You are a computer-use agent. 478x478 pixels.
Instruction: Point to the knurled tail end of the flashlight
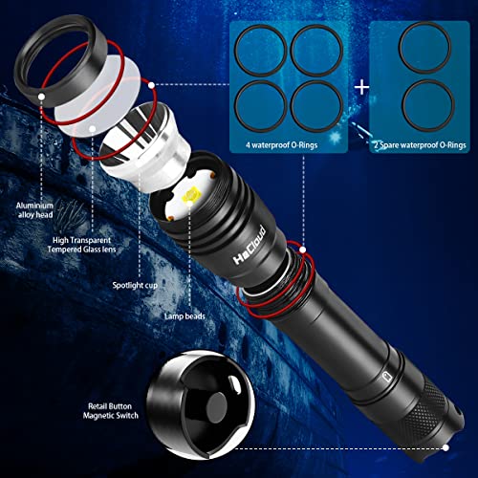[x=434, y=405]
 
